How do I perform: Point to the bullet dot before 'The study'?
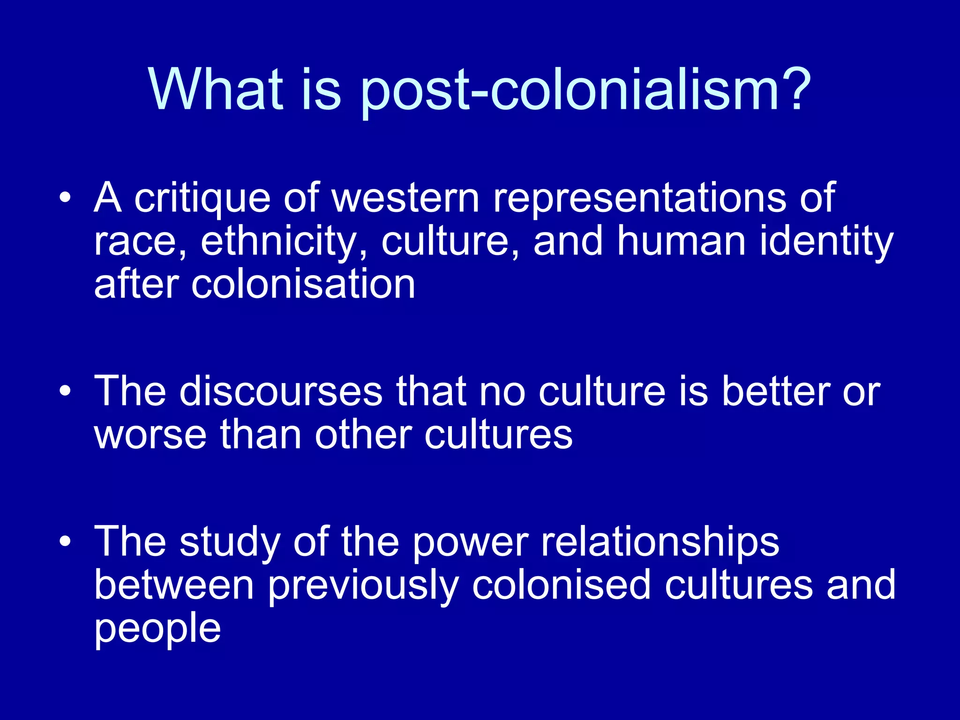(x=65, y=541)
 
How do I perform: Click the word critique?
(x=202, y=199)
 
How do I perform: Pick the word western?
(x=406, y=198)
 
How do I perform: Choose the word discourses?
(x=281, y=391)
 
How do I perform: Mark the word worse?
(x=150, y=435)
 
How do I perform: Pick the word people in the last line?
(x=157, y=630)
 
